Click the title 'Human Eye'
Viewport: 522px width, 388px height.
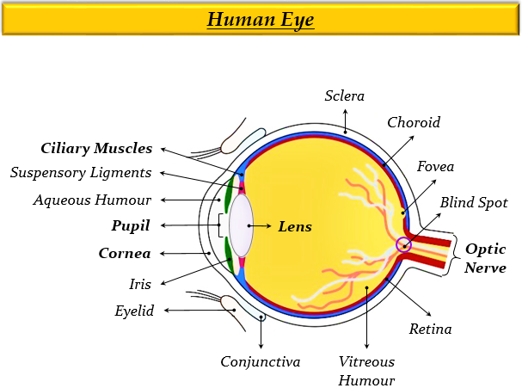[x=261, y=19]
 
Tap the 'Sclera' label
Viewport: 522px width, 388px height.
[x=345, y=95]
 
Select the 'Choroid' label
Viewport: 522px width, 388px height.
[x=414, y=122]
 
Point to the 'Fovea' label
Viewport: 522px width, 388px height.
[x=435, y=166]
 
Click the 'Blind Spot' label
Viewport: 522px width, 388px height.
[x=474, y=203]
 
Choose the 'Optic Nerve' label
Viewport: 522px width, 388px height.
[x=486, y=258]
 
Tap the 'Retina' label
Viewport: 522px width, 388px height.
[x=430, y=329]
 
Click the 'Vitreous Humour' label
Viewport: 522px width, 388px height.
[x=366, y=371]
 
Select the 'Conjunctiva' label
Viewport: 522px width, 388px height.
[x=261, y=361]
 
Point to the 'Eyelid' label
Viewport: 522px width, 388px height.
[x=134, y=311]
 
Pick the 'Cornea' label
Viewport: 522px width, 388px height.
[x=125, y=254]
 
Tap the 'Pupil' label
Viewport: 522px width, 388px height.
[x=131, y=225]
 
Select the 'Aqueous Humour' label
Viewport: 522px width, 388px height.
[x=93, y=200]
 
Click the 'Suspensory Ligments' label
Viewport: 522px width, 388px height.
[x=81, y=173]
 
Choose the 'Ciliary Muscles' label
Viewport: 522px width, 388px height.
[x=96, y=148]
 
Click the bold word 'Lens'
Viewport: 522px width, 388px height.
[x=294, y=227]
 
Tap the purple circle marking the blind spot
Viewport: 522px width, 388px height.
[x=404, y=245]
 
